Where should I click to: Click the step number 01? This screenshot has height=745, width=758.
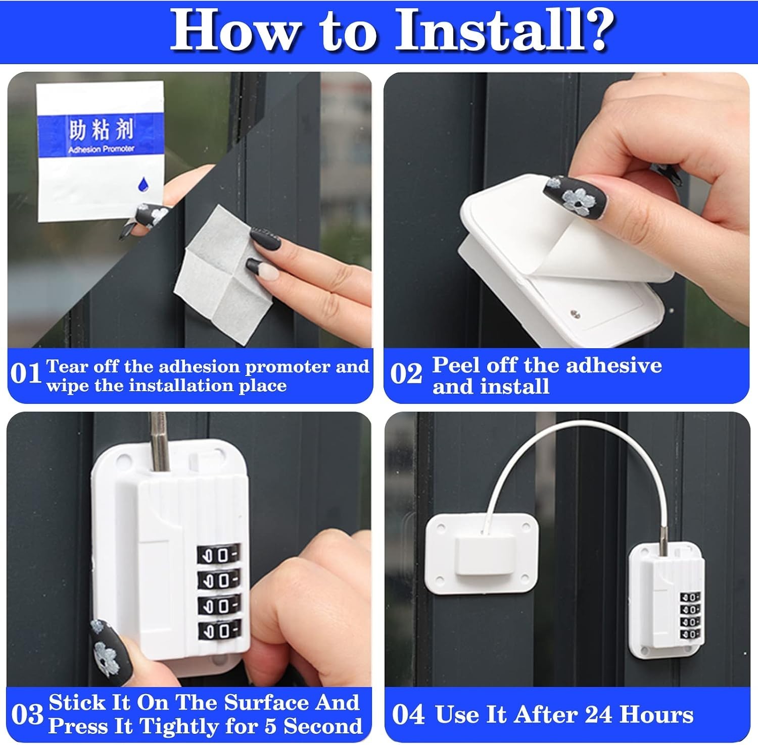point(25,375)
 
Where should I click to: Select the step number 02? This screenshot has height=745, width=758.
point(406,375)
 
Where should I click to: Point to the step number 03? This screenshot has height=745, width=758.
point(27,715)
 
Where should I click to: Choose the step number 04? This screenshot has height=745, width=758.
point(408,715)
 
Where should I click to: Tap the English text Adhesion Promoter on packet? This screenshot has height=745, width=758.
point(101,149)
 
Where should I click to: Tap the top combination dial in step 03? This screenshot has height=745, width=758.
point(218,554)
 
